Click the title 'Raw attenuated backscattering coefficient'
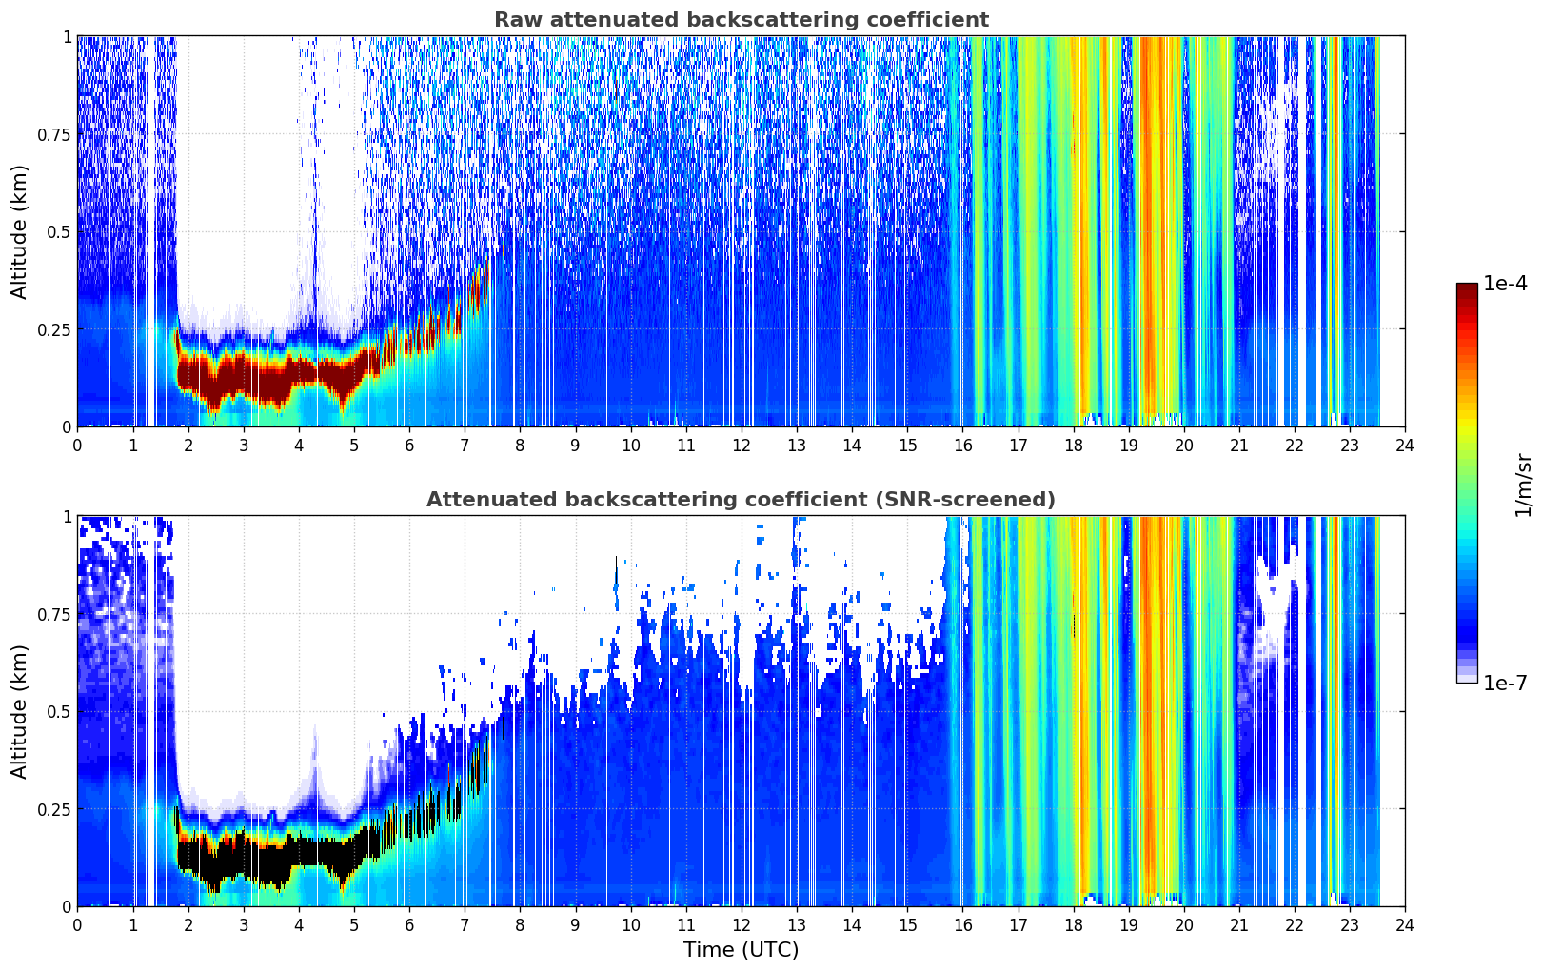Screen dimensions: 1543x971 [x=742, y=19]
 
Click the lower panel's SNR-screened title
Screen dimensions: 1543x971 [x=742, y=499]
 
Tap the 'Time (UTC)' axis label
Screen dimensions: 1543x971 [x=742, y=950]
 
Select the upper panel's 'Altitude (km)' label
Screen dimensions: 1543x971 [x=19, y=231]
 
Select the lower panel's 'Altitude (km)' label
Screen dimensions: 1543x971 [x=19, y=711]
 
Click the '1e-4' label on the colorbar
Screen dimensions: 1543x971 [x=1505, y=283]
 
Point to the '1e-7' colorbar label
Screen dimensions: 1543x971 [x=1505, y=684]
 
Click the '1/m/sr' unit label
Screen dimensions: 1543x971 [x=1523, y=485]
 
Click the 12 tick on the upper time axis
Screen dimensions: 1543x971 [x=742, y=445]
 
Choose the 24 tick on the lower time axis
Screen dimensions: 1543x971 [x=1405, y=925]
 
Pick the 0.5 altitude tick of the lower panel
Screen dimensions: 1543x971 [x=58, y=711]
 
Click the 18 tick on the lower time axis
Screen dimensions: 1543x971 [x=1073, y=925]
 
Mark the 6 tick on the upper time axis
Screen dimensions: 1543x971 [x=409, y=445]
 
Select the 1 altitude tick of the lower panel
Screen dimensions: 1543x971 [x=67, y=517]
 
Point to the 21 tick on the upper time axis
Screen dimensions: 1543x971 [x=1239, y=445]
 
